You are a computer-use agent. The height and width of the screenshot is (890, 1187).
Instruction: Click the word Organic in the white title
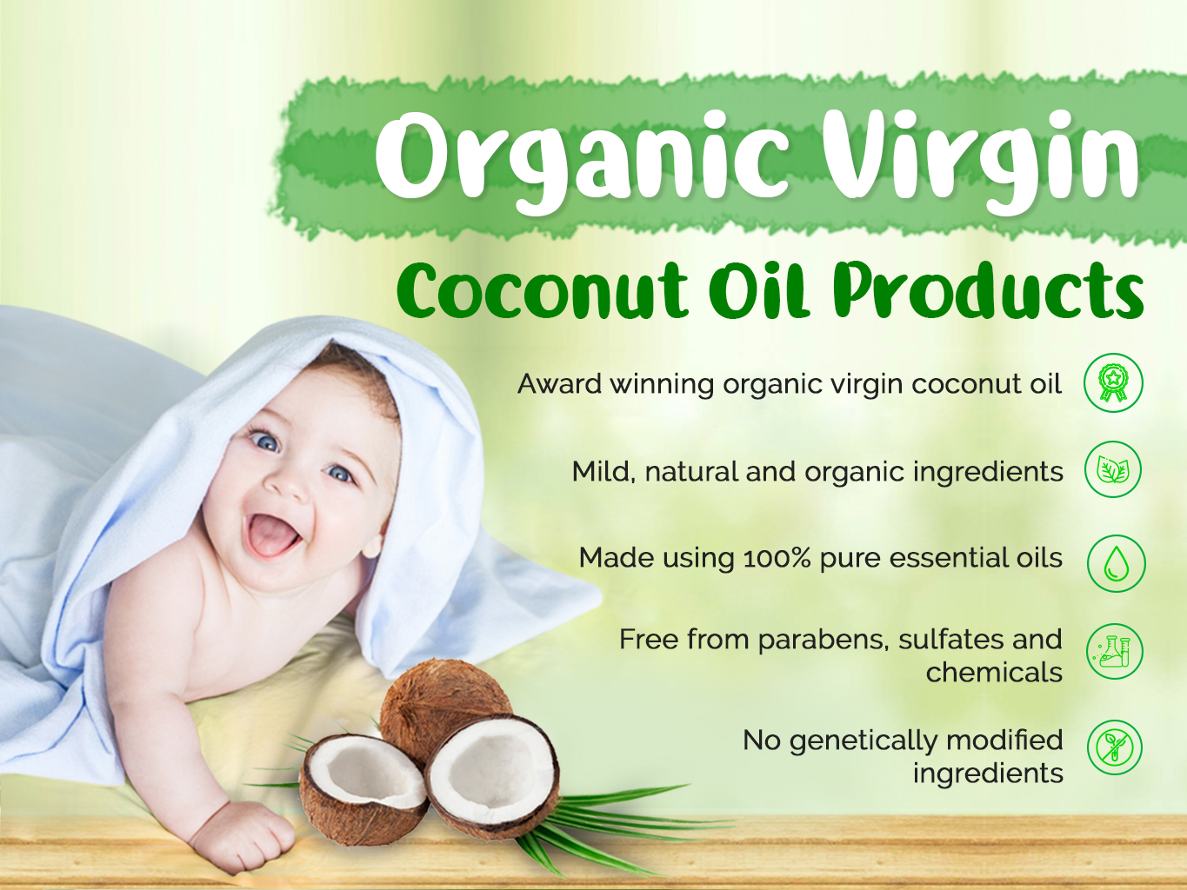coord(583,163)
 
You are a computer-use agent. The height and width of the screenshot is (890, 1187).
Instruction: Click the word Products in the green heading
coord(988,289)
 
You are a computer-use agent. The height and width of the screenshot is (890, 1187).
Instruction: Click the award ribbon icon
coord(1113,382)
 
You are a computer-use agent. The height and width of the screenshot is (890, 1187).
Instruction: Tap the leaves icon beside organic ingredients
coord(1113,469)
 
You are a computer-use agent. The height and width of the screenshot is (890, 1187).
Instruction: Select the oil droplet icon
coord(1117,563)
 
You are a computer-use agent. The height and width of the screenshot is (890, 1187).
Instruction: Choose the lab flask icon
coord(1115,651)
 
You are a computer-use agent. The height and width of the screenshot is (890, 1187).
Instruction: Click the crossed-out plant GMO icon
coord(1115,747)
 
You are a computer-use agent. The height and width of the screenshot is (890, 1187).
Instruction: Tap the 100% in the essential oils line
coord(777,558)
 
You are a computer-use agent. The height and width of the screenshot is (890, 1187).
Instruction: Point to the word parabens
coord(823,641)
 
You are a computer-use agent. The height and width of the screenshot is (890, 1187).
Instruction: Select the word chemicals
coord(994,672)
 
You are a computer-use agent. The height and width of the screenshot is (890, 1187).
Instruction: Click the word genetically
coord(863,741)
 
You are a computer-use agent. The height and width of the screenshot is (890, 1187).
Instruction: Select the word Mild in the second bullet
coord(599,472)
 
